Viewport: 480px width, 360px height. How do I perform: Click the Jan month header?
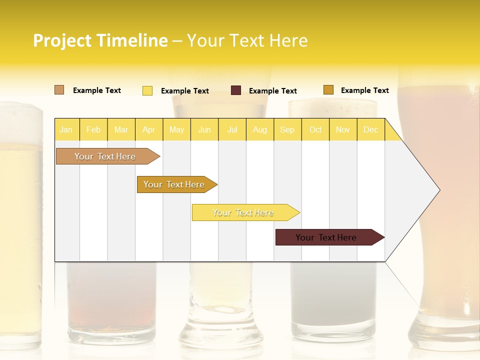click(66, 129)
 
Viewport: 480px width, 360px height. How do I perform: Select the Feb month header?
click(93, 129)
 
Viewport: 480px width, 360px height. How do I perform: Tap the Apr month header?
click(149, 129)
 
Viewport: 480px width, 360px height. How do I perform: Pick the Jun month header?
click(204, 129)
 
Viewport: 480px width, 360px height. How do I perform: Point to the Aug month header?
click(260, 129)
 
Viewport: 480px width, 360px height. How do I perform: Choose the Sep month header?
click(287, 129)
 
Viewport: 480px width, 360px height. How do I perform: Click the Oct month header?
click(315, 129)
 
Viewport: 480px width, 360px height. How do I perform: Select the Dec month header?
click(371, 129)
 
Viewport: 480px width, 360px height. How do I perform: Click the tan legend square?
click(59, 90)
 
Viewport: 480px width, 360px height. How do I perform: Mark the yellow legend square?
click(147, 90)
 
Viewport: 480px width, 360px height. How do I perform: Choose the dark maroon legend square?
click(236, 90)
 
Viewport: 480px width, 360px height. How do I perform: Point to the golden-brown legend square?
click(328, 90)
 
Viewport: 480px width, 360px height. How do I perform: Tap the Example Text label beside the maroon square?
click(273, 91)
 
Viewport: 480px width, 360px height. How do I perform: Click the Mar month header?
click(121, 129)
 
